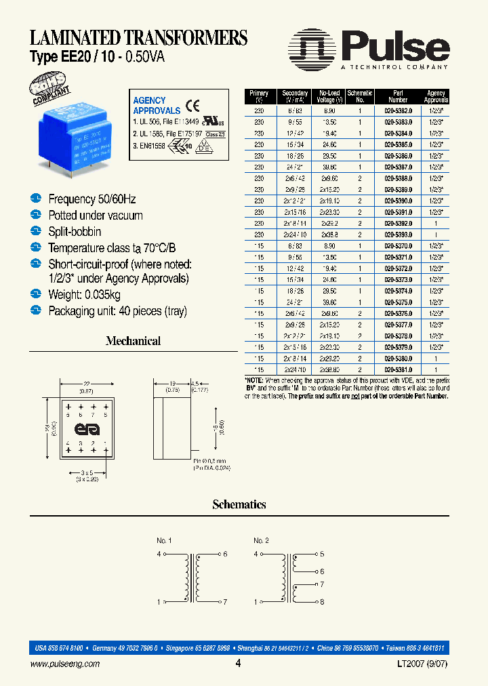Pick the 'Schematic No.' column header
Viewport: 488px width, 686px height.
pos(360,96)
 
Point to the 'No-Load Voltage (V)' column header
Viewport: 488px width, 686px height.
pos(329,96)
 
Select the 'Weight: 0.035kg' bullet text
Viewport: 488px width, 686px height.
pos(84,295)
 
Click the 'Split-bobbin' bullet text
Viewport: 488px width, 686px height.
pos(75,232)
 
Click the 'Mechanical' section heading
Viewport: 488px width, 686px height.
pos(133,341)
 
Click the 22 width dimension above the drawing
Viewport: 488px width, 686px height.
pos(86,383)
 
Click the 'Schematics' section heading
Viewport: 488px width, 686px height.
pos(239,504)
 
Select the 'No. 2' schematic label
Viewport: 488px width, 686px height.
pos(261,540)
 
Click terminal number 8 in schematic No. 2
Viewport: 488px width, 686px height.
pos(322,601)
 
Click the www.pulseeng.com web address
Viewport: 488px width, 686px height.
pos(65,665)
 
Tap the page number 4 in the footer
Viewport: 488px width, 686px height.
pos(238,664)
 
